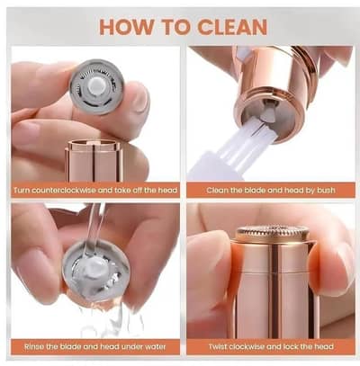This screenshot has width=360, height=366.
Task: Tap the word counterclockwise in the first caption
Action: (x=72, y=191)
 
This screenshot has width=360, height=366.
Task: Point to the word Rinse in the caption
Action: (x=28, y=346)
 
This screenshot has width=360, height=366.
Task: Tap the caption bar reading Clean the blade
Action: (x=269, y=191)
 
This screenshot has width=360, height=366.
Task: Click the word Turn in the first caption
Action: (x=23, y=191)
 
